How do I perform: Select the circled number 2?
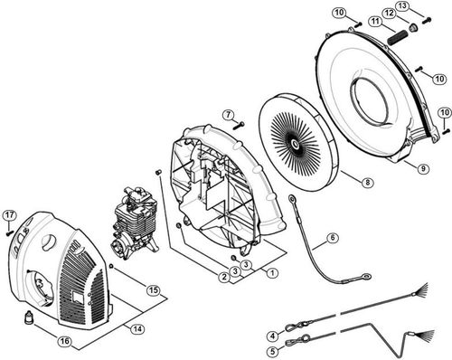tap(223, 276)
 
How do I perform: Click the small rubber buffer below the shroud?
tap(28, 317)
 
